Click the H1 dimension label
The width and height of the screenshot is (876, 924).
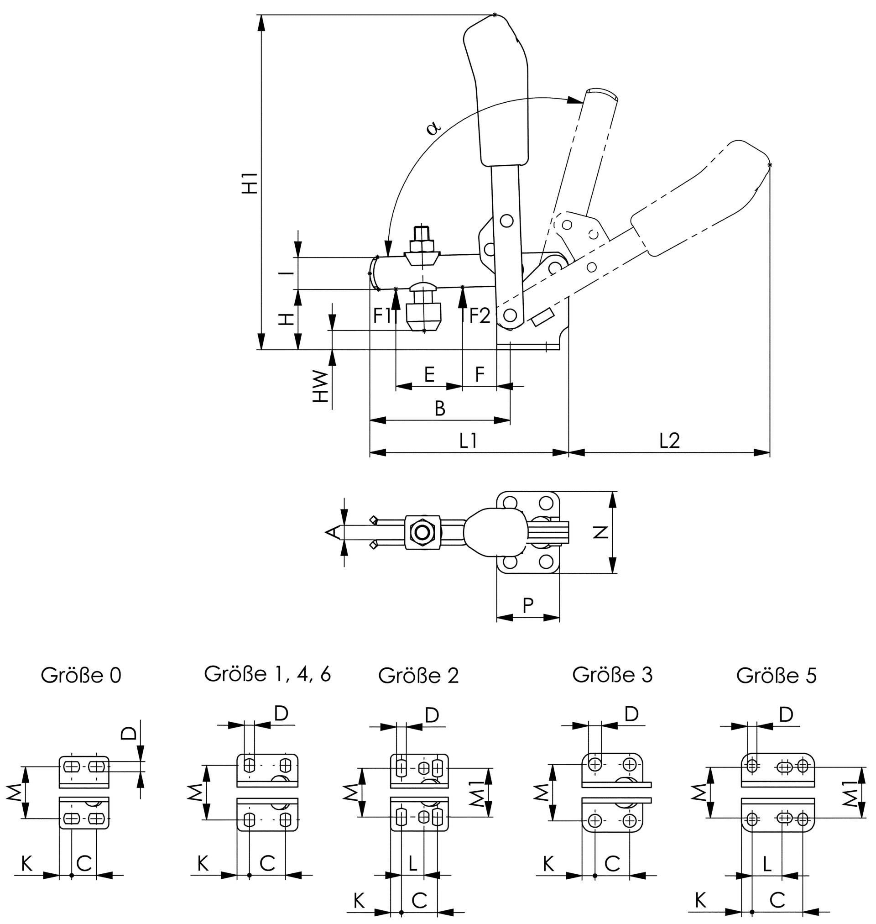tap(251, 183)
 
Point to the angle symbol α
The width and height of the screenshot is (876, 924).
tap(433, 127)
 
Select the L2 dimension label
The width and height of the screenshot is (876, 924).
tap(669, 441)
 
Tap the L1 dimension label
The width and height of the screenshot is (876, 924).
tap(468, 441)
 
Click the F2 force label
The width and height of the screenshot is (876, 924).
tap(480, 316)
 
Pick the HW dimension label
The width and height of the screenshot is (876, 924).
tap(320, 387)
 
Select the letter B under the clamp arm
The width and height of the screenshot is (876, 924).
tap(440, 408)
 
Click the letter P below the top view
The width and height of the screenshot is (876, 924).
tap(528, 605)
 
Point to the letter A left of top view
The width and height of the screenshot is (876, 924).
tap(331, 532)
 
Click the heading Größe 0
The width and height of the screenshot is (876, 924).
tap(81, 676)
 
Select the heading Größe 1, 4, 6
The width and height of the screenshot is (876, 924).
tap(267, 674)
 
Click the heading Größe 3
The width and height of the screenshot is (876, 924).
tap(612, 675)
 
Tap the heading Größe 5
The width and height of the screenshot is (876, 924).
tap(776, 676)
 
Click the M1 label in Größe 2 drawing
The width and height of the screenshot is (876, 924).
tap(475, 792)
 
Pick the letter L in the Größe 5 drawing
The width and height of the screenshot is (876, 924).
tap(767, 864)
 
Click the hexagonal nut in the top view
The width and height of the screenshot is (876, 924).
tap(422, 532)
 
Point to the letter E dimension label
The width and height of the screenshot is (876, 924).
tap(429, 374)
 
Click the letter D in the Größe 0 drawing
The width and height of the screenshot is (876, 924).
tap(129, 732)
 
